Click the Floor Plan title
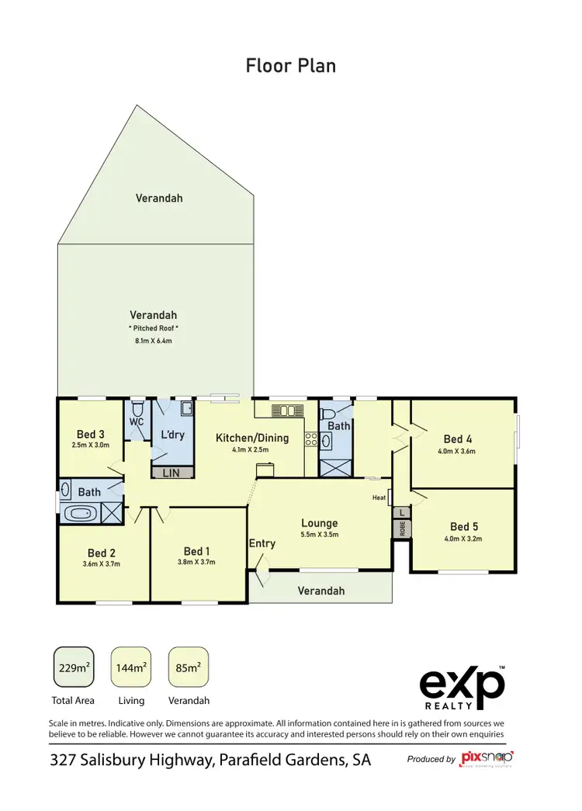click(x=291, y=65)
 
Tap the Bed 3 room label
click(x=91, y=434)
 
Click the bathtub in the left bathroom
click(x=81, y=512)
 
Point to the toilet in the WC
click(x=137, y=408)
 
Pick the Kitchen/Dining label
click(x=251, y=438)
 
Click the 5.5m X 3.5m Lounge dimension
click(x=319, y=535)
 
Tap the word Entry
click(x=262, y=543)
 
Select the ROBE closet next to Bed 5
click(x=402, y=529)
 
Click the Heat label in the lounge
click(x=379, y=497)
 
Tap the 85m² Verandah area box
click(x=189, y=667)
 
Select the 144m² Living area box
click(x=130, y=667)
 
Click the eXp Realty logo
click(x=462, y=687)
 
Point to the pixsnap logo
click(x=487, y=757)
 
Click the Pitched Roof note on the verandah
click(x=153, y=328)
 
